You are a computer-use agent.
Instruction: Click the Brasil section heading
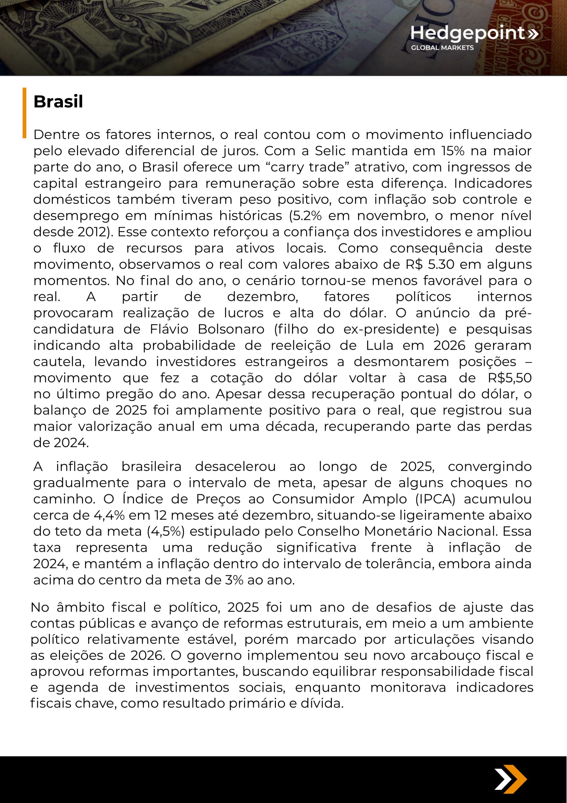58,102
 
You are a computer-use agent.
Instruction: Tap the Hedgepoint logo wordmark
467,33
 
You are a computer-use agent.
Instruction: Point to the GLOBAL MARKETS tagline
442,48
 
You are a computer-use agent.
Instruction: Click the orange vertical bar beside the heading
25,113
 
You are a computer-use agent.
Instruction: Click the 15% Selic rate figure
453,151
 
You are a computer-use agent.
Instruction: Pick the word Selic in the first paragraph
330,151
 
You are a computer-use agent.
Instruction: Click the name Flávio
170,329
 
